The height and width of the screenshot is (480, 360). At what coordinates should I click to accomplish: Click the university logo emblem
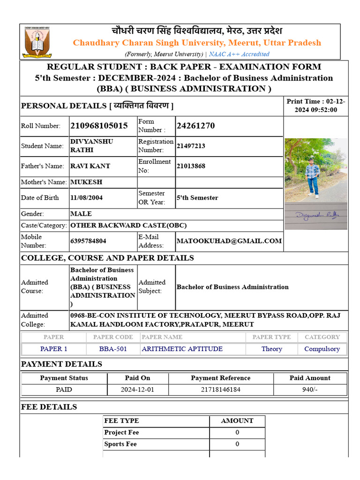tap(38, 42)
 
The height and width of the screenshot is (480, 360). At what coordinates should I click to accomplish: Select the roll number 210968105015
tap(99, 126)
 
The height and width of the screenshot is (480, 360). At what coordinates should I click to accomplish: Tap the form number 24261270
tap(195, 126)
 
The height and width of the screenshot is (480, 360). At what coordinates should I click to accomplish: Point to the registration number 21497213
tap(191, 146)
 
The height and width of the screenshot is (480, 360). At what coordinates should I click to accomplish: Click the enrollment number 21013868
tap(191, 166)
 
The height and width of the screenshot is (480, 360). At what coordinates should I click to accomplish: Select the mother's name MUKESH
tap(86, 182)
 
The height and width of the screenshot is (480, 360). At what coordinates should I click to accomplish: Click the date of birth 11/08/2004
tap(87, 198)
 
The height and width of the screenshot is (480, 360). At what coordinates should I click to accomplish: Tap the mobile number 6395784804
tap(88, 241)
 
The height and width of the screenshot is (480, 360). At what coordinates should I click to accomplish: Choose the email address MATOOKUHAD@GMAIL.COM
tap(229, 241)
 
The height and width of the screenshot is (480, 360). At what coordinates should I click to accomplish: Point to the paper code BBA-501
tap(113, 349)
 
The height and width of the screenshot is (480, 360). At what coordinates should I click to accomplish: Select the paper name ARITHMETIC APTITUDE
tap(182, 349)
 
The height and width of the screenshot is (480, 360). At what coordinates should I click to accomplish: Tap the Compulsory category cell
tap(322, 349)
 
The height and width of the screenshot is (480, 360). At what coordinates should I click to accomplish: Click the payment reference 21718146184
tap(221, 390)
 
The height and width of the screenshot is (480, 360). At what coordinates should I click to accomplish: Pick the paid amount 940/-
tap(310, 390)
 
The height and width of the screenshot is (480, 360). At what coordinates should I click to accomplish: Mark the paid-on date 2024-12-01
tap(138, 390)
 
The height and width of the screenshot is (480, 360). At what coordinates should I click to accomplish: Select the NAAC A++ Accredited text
tap(239, 54)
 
